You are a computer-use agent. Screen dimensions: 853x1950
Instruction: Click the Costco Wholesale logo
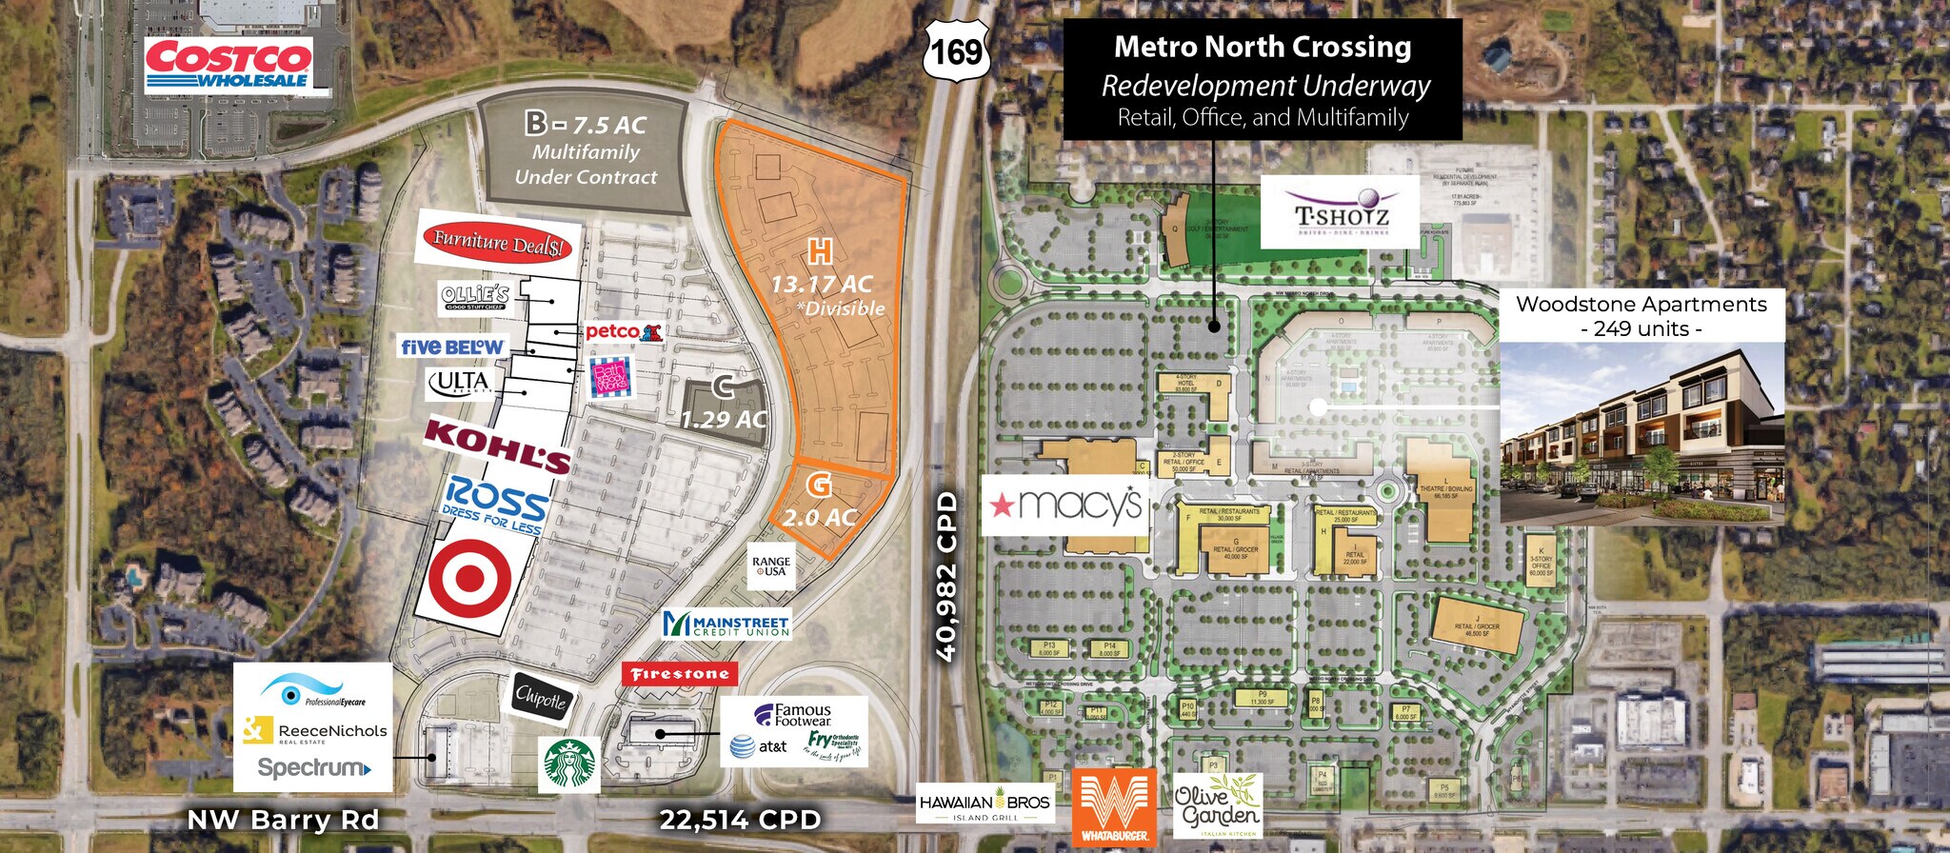229,65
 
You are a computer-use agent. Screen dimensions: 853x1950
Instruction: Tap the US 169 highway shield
956,50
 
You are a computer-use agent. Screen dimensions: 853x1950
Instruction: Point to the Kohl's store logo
497,446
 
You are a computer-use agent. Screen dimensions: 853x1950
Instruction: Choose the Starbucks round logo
569,764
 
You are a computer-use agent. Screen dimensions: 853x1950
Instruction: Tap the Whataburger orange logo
1114,807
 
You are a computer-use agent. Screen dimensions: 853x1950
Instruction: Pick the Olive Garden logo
1218,805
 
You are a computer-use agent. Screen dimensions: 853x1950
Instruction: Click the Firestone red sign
680,674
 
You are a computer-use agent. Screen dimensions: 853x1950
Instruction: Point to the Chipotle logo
541,699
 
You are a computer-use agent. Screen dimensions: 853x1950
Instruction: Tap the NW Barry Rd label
283,820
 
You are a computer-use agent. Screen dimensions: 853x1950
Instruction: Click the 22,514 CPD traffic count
740,820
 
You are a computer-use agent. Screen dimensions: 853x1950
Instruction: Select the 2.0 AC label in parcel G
820,518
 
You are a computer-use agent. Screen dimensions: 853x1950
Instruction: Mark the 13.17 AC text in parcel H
821,284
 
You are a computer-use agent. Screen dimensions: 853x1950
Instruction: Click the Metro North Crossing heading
1263,47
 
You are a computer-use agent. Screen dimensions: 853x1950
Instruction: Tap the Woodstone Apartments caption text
1641,305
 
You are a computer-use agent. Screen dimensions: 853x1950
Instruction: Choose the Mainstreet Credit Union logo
727,625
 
